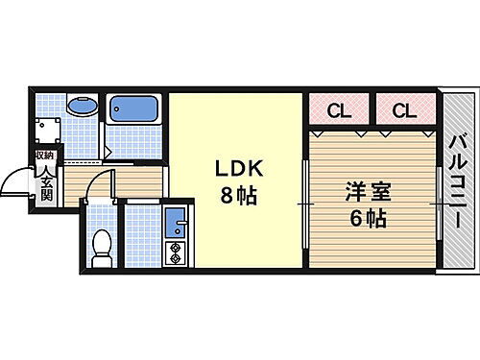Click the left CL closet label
[339, 109]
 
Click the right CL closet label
[404, 109]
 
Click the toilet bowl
[99, 249]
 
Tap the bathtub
[134, 109]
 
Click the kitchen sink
[176, 226]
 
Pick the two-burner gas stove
[176, 254]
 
